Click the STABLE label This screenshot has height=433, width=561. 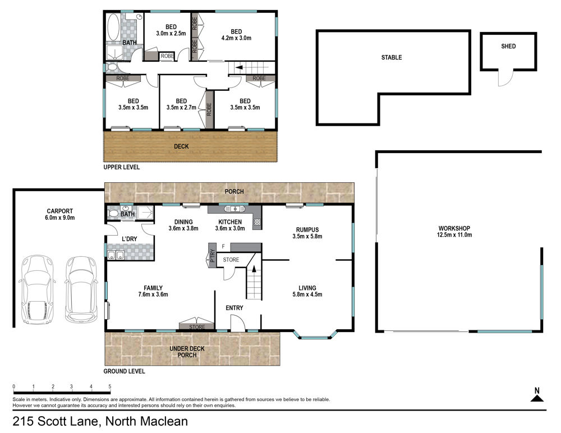point(392,57)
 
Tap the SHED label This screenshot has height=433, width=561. point(508,46)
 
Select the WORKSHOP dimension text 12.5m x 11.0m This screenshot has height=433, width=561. point(454,235)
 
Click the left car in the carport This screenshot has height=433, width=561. point(37,289)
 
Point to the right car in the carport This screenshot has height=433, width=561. point(81,288)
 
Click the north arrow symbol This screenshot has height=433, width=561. point(537,395)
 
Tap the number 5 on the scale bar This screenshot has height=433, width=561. point(110,386)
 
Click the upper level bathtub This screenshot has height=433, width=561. point(114,27)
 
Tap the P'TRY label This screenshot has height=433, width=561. point(213,255)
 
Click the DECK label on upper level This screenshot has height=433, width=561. point(181,146)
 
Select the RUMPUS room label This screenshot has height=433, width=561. point(307,230)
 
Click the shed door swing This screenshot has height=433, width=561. point(506,78)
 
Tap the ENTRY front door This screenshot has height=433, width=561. point(237,323)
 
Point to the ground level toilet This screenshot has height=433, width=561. point(113,214)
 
